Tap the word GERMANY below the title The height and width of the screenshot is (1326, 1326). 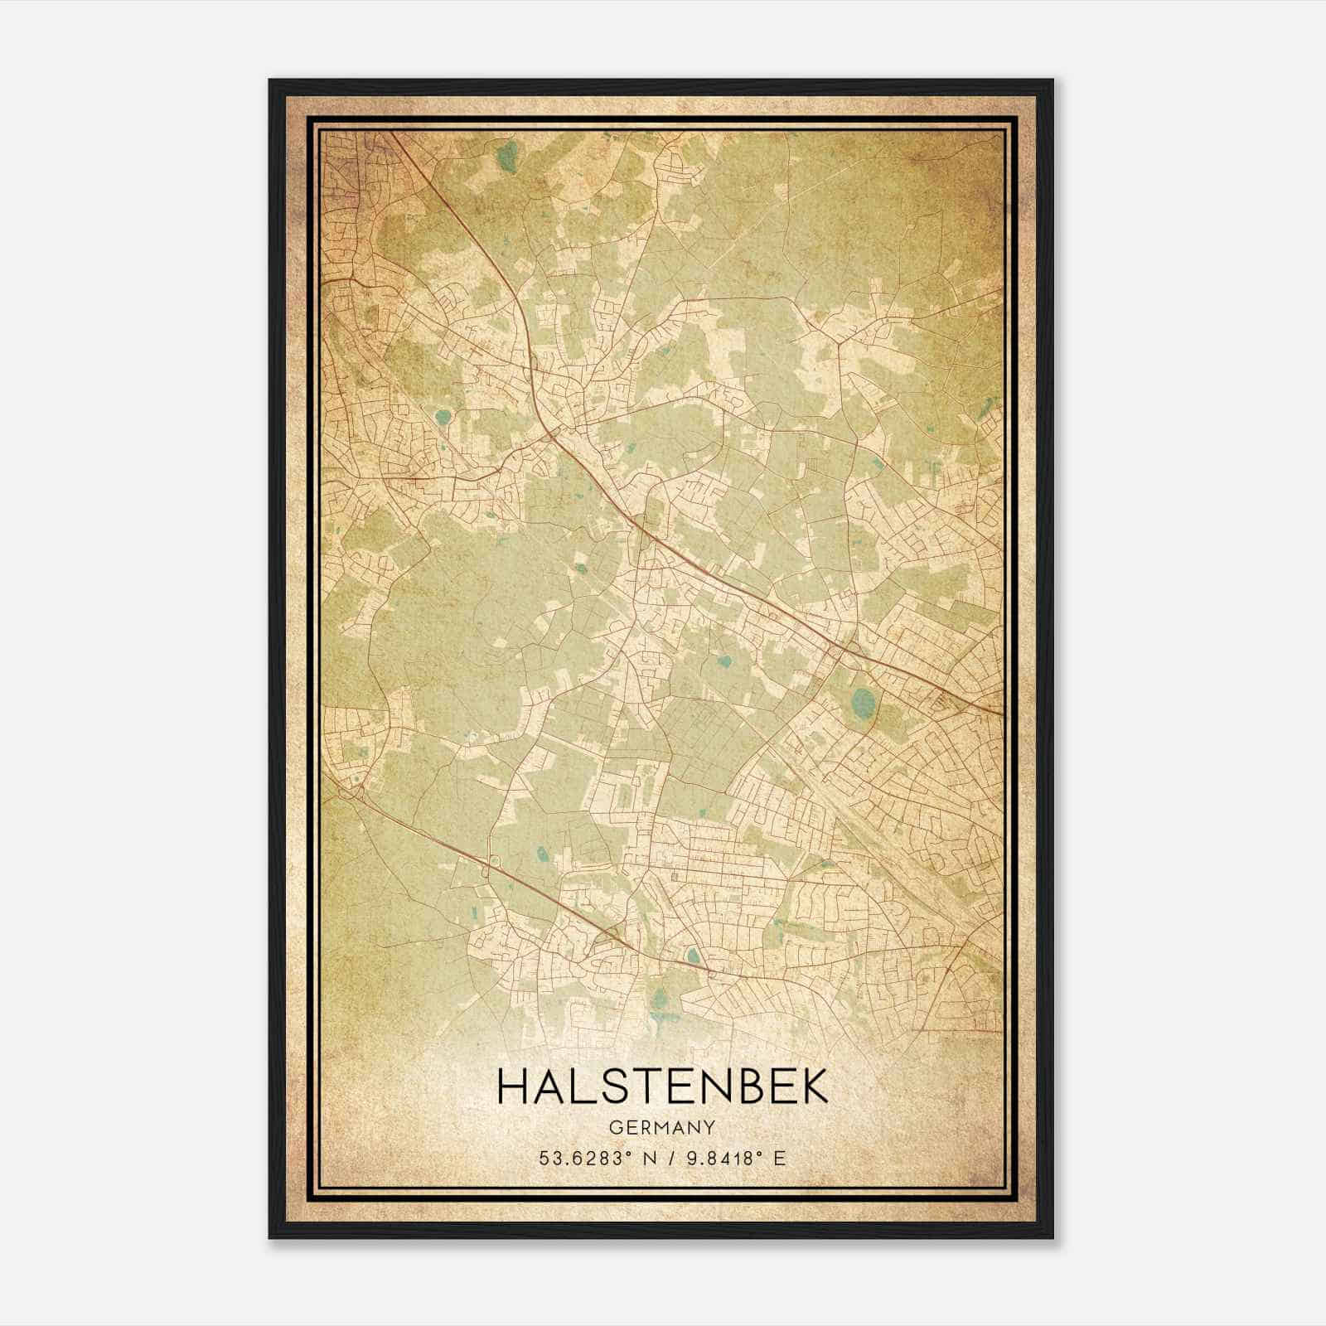[x=662, y=1128]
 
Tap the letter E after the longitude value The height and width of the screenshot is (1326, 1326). [x=778, y=1159]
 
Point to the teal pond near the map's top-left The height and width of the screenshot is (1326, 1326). [x=509, y=156]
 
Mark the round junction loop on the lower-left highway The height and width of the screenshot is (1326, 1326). [x=495, y=862]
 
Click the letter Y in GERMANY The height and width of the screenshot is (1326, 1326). [x=709, y=1128]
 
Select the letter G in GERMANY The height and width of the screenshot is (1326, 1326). [x=614, y=1128]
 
